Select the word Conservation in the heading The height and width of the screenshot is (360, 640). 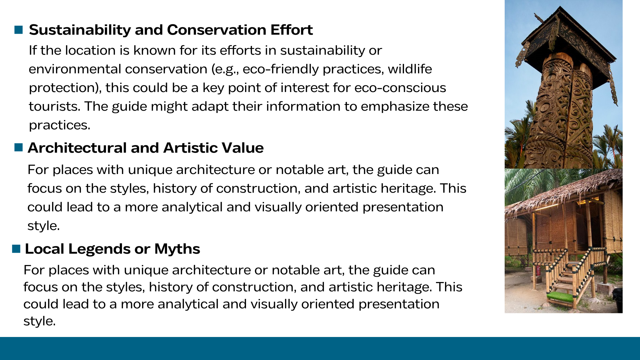[216, 30]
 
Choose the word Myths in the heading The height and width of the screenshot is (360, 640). [177, 249]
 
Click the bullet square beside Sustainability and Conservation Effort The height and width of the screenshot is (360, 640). [19, 30]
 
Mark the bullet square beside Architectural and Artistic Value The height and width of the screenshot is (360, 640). [19, 147]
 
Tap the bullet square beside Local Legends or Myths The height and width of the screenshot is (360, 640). [16, 249]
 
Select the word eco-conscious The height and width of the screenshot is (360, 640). [400, 88]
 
